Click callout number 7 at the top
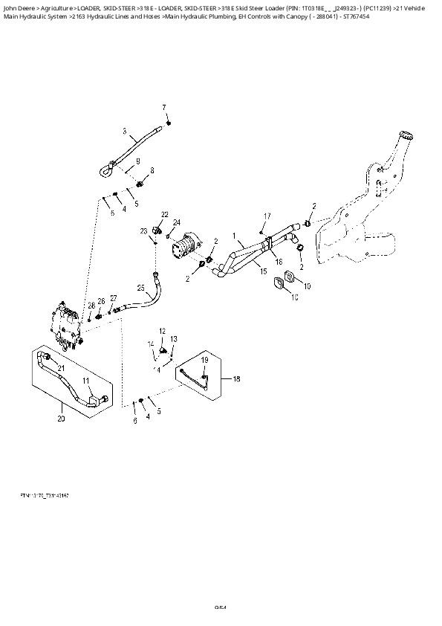[x=164, y=108]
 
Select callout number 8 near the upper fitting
[x=152, y=171]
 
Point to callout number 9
[x=137, y=161]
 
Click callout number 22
[x=165, y=215]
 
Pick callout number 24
[x=177, y=222]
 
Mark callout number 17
[x=266, y=216]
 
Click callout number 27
[x=114, y=298]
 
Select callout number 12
[x=162, y=329]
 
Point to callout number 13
[x=173, y=339]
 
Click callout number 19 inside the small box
[x=204, y=360]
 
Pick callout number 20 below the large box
[x=61, y=419]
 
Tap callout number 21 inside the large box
[x=61, y=369]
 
